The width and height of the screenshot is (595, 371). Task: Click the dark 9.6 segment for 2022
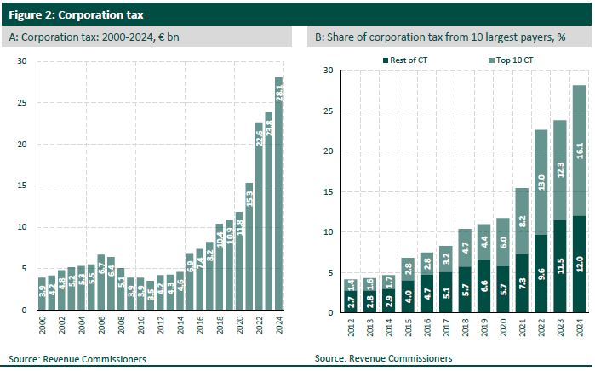click(x=541, y=273)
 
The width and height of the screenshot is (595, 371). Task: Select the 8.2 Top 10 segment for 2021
click(x=521, y=221)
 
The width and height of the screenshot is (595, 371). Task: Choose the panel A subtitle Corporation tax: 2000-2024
click(x=94, y=37)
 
